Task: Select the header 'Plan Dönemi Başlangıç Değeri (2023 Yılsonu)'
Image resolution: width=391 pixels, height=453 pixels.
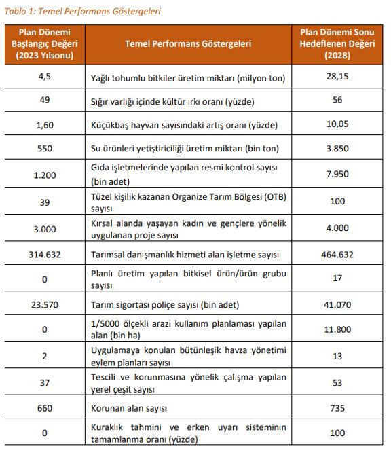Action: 44,43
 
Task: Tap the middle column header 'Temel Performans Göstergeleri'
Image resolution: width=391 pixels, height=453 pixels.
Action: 188,43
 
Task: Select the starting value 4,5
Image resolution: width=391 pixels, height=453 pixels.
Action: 44,78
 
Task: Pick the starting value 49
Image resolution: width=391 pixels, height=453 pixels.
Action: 44,101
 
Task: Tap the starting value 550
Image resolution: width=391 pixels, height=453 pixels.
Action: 44,148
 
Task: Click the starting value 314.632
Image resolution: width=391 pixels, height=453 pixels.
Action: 44,255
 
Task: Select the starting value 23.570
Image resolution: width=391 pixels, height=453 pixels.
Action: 44,305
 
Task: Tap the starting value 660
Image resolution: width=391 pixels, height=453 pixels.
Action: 44,408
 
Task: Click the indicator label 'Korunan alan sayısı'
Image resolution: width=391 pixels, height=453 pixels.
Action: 128,408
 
